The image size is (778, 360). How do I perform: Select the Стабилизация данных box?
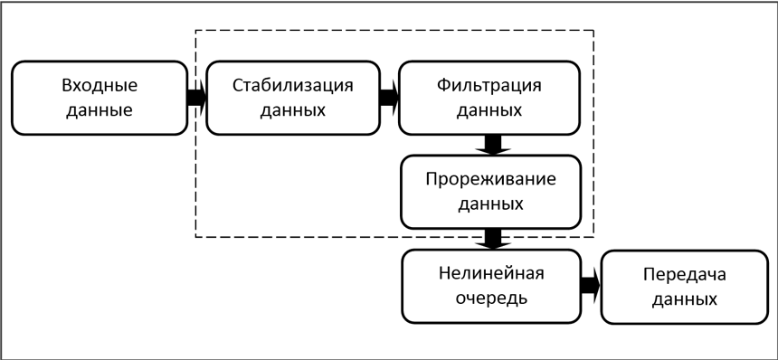point(293,98)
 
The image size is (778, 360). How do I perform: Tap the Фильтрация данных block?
point(489,98)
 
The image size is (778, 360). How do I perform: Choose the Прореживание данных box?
point(490,191)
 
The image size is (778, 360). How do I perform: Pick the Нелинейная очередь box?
point(490,287)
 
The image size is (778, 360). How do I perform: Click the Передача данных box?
point(684,287)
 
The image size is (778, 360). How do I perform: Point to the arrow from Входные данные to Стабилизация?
point(195,98)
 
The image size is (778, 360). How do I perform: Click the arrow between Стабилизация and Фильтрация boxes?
point(390,98)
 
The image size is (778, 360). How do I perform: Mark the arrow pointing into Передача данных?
point(590,286)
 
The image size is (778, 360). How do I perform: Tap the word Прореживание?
point(490,179)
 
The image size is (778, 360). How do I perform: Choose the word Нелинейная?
point(490,275)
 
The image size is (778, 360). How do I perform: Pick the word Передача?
point(684,275)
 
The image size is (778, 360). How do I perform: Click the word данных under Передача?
point(684,299)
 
